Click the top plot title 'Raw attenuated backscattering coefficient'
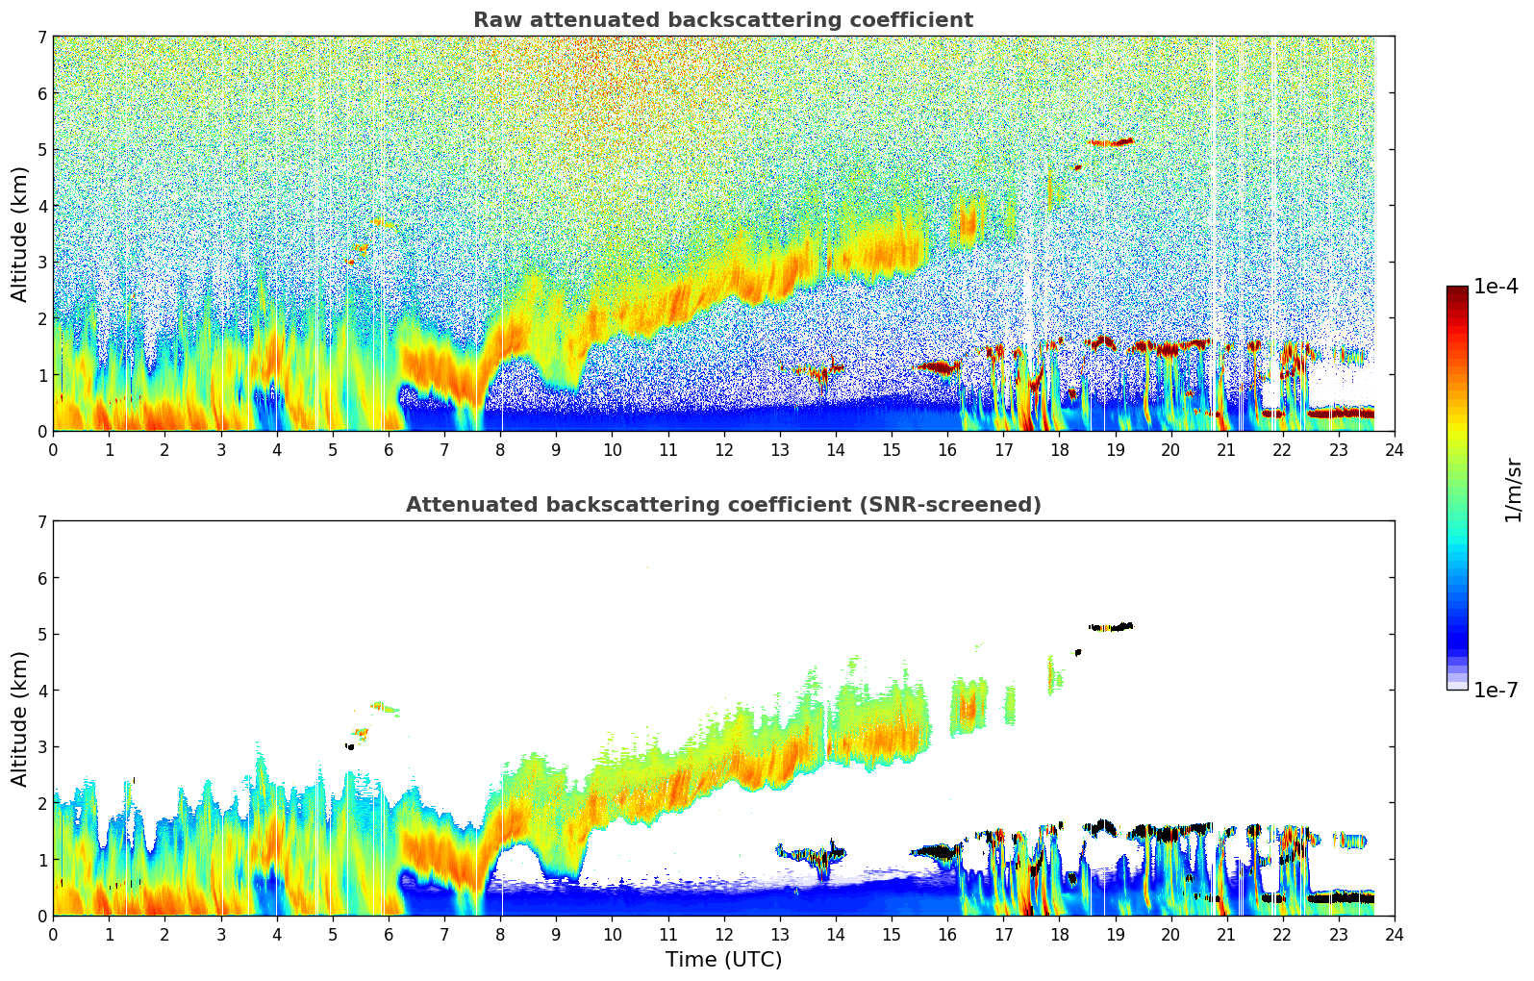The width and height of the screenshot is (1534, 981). click(x=723, y=20)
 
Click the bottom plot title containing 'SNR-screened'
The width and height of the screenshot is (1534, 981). click(x=723, y=505)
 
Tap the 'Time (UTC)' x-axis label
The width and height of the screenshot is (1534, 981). click(x=723, y=959)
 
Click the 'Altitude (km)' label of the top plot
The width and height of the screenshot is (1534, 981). click(x=20, y=234)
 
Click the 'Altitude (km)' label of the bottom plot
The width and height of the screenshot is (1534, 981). click(x=20, y=718)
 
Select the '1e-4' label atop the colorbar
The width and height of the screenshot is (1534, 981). click(x=1496, y=287)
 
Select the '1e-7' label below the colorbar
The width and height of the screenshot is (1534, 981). click(x=1496, y=690)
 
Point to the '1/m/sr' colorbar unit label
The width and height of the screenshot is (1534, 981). click(x=1513, y=490)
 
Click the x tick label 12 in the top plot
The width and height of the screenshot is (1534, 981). click(x=723, y=449)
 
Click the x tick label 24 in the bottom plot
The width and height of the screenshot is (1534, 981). click(x=1394, y=934)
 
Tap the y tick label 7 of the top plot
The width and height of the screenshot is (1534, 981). click(x=41, y=37)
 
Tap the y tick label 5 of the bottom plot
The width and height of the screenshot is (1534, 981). click(x=41, y=634)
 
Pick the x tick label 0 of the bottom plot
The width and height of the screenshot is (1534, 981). click(x=53, y=934)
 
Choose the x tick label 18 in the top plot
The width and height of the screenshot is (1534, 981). click(x=1059, y=449)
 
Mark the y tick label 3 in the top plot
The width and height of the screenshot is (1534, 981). click(x=41, y=263)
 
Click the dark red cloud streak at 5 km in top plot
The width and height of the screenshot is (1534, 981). click(x=1112, y=142)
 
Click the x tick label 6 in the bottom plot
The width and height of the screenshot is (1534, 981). click(x=389, y=934)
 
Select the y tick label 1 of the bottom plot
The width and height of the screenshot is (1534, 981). click(x=41, y=860)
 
